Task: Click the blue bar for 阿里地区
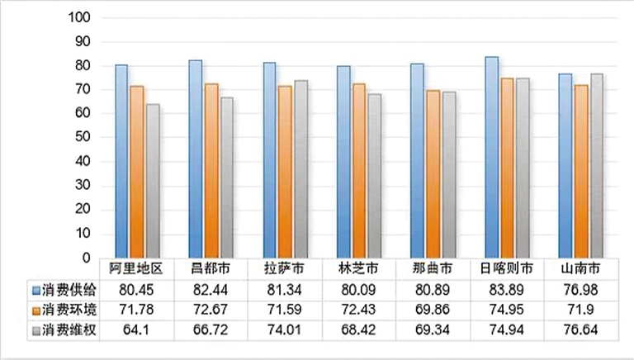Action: point(121,161)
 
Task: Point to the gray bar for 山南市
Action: point(596,165)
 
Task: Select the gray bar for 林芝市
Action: point(375,176)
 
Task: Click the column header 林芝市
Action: point(359,269)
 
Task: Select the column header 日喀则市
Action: point(506,269)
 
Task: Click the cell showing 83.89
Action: point(506,291)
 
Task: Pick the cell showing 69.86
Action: point(433,310)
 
